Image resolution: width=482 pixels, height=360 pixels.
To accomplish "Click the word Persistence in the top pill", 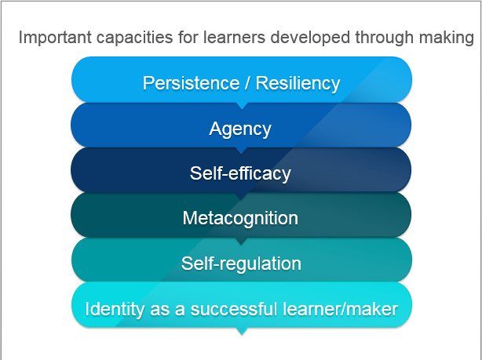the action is (191, 83).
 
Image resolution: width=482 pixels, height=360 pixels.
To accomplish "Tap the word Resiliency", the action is (298, 84).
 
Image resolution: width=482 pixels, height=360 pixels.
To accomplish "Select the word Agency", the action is (240, 129).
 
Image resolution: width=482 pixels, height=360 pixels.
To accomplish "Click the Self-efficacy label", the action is (240, 173).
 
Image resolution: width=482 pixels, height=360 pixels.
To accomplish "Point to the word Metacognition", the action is (240, 218).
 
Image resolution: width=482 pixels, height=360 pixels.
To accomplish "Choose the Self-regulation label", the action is (241, 264).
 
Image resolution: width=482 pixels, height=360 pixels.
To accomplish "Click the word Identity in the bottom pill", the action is (115, 309).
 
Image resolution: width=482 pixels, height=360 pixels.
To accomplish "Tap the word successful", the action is (234, 309).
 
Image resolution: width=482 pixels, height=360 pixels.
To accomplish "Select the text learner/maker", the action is (340, 309).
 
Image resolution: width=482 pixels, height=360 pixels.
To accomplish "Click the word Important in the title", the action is (55, 38).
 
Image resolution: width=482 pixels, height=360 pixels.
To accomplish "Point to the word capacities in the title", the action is (134, 38).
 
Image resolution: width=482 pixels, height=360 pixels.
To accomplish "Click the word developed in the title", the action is (310, 38).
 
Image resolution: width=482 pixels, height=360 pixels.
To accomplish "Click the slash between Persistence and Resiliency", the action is (247, 83).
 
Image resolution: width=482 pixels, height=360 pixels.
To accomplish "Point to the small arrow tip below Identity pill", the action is (242, 332).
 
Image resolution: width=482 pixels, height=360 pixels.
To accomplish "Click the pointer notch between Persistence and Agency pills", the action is (242, 107).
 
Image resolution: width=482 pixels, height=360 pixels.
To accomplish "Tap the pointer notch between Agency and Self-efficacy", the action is (241, 151).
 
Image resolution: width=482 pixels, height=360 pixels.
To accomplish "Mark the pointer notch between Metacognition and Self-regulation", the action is (241, 241).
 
